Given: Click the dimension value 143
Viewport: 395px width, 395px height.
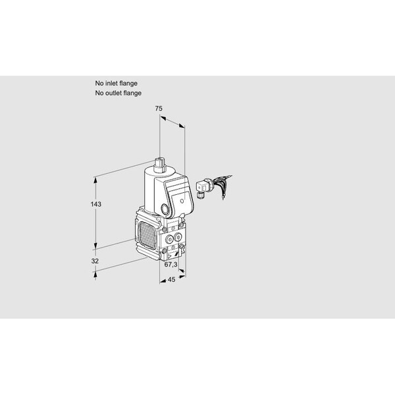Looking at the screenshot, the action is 96,204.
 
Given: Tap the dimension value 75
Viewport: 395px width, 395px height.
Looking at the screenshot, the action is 159,109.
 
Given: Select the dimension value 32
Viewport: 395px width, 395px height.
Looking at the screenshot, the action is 95,261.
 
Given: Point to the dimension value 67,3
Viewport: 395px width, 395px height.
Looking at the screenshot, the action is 171,264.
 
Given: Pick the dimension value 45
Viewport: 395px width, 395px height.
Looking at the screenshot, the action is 171,279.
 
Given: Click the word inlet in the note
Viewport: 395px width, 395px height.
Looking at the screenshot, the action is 111,83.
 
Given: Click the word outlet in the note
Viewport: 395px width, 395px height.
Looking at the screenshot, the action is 113,93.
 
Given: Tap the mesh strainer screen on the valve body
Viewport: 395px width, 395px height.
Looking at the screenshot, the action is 147,234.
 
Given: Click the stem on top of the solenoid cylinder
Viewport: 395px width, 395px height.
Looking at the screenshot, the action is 160,165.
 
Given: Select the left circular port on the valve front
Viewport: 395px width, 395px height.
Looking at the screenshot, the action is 170,238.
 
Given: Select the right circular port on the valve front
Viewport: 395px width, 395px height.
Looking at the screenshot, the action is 178,237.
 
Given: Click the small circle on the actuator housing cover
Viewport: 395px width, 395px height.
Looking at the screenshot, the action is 182,201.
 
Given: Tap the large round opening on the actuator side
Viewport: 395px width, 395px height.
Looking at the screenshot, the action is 165,209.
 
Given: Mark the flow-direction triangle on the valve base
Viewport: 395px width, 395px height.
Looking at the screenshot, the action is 170,257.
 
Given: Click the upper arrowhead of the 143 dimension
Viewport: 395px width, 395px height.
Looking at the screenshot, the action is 95,180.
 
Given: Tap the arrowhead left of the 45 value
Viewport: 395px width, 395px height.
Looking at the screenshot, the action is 163,280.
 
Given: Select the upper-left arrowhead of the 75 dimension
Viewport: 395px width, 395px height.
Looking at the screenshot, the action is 163,118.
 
